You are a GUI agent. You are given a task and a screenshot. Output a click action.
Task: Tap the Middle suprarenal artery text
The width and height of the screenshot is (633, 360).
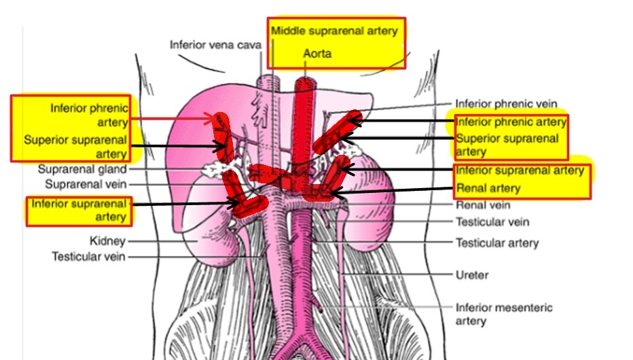click(x=334, y=31)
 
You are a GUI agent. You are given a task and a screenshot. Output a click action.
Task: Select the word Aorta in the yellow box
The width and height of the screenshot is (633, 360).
click(x=317, y=53)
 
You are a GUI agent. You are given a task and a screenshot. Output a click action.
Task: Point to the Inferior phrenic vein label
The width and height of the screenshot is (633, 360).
click(x=506, y=104)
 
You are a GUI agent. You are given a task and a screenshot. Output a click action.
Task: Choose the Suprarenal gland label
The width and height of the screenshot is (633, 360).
click(x=82, y=169)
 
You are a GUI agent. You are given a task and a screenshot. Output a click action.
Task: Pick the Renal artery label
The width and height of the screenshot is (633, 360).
click(x=488, y=188)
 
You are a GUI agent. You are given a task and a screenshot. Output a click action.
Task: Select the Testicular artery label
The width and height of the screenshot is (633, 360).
click(x=496, y=242)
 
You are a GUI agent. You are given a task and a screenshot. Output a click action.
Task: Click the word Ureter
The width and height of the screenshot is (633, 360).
click(x=472, y=275)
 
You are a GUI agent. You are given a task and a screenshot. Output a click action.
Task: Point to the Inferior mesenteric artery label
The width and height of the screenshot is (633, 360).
click(x=503, y=314)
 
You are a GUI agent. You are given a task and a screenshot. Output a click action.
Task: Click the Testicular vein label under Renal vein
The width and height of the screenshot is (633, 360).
click(x=492, y=222)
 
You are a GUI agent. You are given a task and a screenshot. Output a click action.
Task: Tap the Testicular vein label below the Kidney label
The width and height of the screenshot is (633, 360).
click(x=88, y=257)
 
